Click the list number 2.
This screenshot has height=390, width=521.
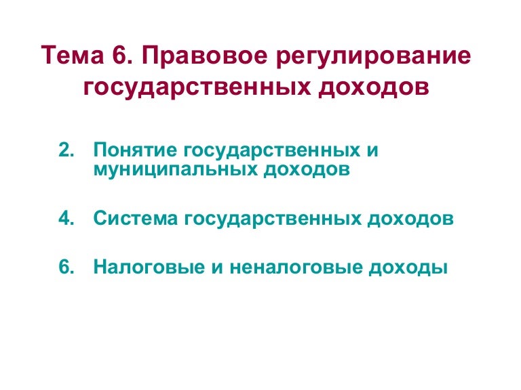65,150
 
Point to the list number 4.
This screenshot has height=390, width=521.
65,219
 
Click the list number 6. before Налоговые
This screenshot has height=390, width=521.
65,267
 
